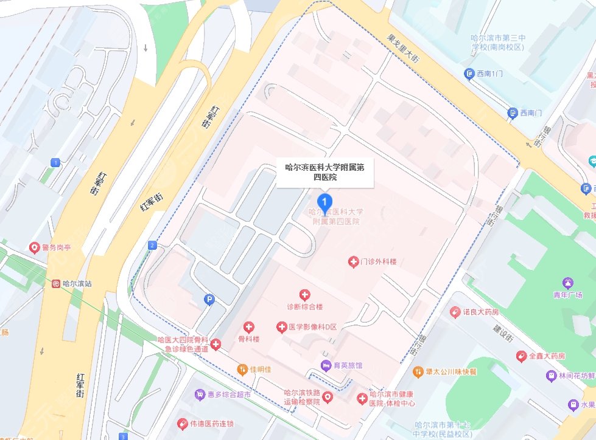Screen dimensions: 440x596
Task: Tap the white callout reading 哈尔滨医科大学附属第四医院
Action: [x=324, y=171]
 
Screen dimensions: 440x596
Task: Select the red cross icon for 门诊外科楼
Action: [x=352, y=262]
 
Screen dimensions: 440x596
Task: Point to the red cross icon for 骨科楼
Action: [x=248, y=327]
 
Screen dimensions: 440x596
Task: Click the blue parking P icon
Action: [x=209, y=299]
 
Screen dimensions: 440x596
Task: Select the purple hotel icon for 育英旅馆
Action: [x=326, y=365]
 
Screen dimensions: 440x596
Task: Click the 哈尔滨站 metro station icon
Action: [x=56, y=283]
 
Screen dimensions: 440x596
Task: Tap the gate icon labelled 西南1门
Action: [x=469, y=74]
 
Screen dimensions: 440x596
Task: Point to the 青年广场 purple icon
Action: [x=568, y=283]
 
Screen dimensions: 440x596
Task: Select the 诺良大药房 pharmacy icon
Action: [x=454, y=312]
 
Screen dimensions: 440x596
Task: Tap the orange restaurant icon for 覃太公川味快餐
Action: [x=418, y=371]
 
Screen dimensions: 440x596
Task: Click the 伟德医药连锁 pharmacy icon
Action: [x=181, y=424]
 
